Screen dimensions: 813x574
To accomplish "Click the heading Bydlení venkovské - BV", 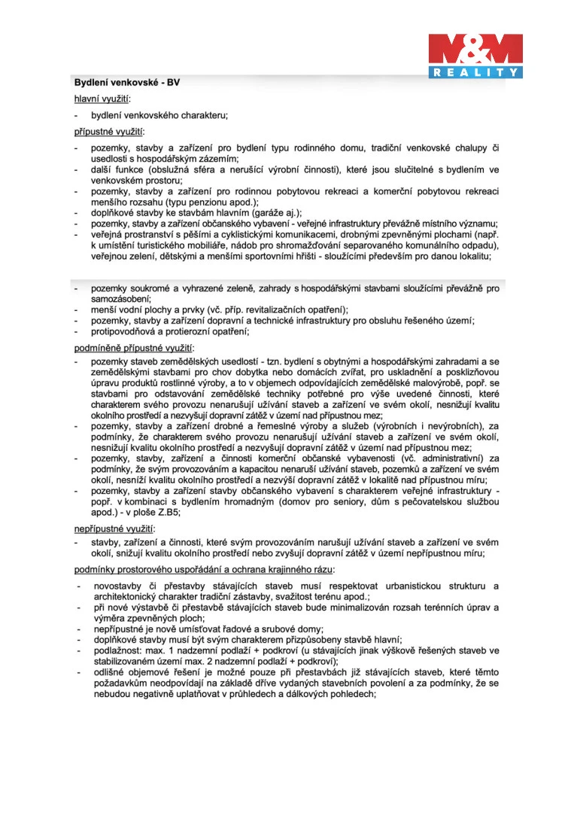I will (x=127, y=82).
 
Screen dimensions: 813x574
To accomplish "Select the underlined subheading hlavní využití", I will (x=102, y=99).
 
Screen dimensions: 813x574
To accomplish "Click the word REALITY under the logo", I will (x=475, y=72).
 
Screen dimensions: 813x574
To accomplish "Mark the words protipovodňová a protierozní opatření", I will (x=169, y=331).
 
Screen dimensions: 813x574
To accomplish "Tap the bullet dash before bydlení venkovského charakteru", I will (x=76, y=116).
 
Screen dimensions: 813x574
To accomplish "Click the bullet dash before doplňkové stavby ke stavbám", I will (x=76, y=213).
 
